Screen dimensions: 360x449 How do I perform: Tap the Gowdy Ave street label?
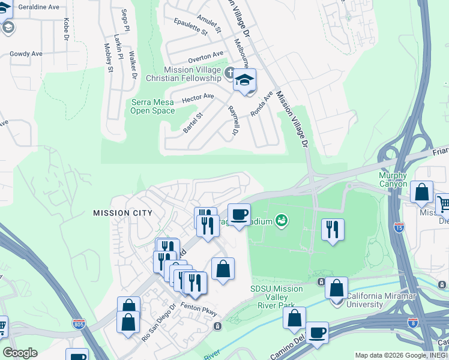(26, 53)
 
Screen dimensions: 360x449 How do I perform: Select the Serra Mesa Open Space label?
(153, 106)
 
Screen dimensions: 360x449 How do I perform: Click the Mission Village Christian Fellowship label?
(192, 74)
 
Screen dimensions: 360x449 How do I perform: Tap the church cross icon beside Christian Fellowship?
(228, 74)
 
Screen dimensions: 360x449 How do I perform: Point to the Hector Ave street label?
(198, 97)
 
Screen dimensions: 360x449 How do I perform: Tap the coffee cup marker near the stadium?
(239, 214)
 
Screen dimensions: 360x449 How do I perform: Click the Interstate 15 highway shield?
(400, 228)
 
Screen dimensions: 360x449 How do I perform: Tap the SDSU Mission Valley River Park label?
(277, 297)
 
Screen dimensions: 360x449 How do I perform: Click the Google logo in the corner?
(20, 353)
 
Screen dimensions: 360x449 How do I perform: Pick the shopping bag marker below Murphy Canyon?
(421, 192)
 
